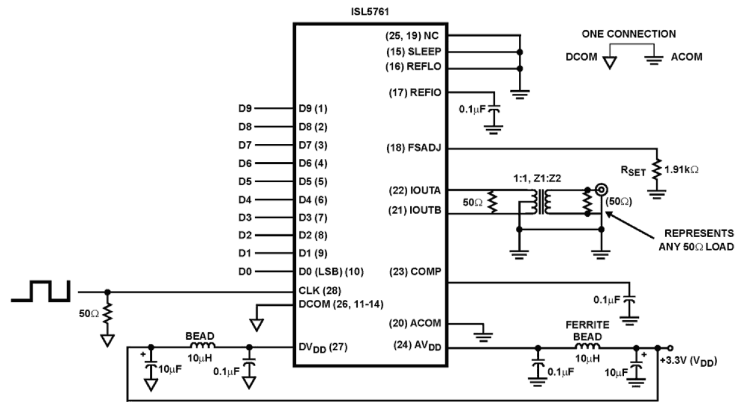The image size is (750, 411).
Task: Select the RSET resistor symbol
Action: pyautogui.click(x=656, y=168)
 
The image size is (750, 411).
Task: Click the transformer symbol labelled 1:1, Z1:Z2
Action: pyautogui.click(x=543, y=203)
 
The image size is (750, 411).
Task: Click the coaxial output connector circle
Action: pyautogui.click(x=601, y=190)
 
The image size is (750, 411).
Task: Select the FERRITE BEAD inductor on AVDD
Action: pyautogui.click(x=589, y=348)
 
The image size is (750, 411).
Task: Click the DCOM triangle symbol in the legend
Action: pyautogui.click(x=608, y=62)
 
